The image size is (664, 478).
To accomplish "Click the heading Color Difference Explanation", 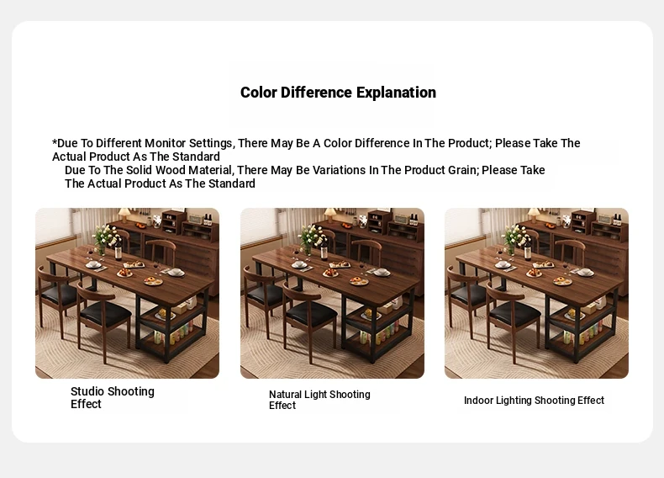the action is tap(338, 93).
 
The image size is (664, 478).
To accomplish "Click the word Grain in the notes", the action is tap(462, 170).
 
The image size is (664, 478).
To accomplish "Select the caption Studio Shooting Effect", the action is tap(113, 397).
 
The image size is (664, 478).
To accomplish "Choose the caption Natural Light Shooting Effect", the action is tap(319, 400).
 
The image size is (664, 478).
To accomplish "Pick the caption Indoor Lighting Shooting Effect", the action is tap(534, 401).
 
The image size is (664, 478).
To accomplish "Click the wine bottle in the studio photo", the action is tap(119, 247).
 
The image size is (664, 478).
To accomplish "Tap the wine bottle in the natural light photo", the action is tap(324, 247).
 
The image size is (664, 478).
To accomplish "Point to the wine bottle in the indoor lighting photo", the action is tap(528, 247).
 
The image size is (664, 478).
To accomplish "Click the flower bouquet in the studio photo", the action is tap(103, 238).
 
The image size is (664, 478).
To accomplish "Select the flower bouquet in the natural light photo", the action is tap(309, 238).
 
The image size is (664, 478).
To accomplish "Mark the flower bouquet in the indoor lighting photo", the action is tap(513, 238).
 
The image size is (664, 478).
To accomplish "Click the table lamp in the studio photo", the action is tap(124, 215).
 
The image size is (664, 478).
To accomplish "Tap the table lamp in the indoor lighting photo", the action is tap(534, 215).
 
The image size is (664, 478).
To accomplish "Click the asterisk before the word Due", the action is tap(54, 141).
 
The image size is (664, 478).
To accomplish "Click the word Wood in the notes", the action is tap(171, 170).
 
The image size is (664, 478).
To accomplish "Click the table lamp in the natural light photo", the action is tap(329, 215).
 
